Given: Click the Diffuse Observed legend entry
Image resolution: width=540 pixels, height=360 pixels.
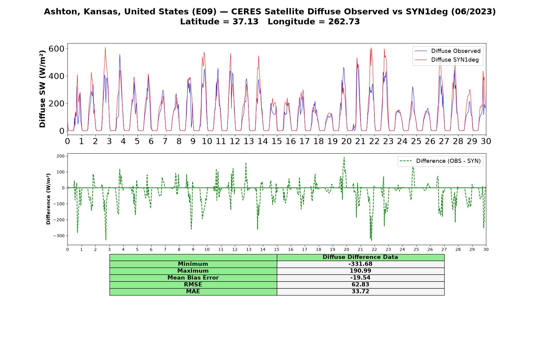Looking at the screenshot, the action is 447,51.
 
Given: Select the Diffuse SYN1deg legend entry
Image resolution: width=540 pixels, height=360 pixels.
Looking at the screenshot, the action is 447,60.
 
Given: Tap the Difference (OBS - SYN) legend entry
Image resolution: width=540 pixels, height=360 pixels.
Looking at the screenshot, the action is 440,161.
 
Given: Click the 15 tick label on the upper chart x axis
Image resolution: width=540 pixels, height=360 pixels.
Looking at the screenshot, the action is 277,141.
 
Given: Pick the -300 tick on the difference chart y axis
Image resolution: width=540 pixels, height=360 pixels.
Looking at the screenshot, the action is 59,236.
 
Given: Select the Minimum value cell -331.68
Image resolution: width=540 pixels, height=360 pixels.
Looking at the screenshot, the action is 360,264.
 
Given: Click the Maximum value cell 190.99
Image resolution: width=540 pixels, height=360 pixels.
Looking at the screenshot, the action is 360,271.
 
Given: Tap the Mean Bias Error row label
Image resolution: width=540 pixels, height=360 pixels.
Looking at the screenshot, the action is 193,278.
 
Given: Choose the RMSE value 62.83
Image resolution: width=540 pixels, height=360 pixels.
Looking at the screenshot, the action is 360,285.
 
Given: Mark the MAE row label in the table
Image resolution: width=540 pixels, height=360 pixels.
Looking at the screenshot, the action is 193,292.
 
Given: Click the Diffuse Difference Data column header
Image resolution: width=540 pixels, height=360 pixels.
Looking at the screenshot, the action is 360,257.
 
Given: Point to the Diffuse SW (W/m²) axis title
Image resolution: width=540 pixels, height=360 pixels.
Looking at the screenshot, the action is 42,89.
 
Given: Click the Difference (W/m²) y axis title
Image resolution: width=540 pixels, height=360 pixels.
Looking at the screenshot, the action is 48,199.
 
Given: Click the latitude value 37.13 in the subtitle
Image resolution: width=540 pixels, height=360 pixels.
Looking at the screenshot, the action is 245,22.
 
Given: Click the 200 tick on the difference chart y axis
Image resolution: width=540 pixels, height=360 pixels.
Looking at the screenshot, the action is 61,156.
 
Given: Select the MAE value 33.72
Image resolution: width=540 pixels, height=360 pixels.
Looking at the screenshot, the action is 360,292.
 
